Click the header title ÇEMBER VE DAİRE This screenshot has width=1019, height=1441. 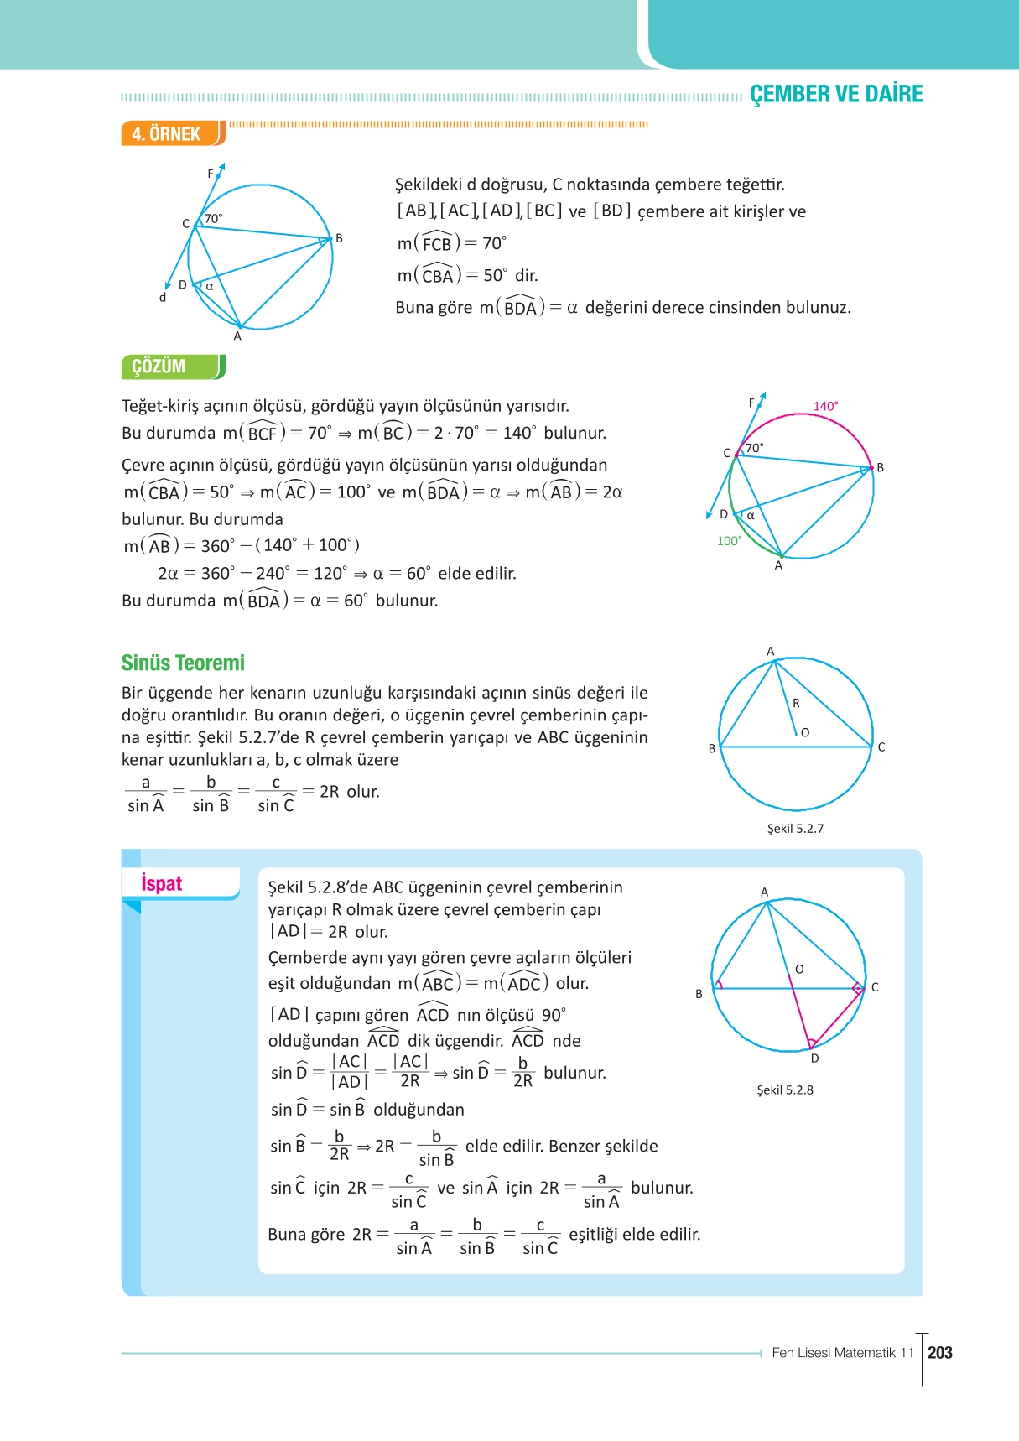pyautogui.click(x=835, y=94)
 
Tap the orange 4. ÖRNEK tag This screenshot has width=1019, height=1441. pyautogui.click(x=167, y=134)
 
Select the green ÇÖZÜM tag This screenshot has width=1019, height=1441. pyautogui.click(x=159, y=367)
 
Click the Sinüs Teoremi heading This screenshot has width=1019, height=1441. pyautogui.click(x=183, y=663)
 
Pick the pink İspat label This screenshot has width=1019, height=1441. pyautogui.click(x=161, y=883)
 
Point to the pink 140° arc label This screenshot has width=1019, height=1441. pyautogui.click(x=825, y=406)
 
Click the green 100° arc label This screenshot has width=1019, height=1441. pyautogui.click(x=729, y=541)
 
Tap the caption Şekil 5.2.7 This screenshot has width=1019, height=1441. pyautogui.click(x=795, y=829)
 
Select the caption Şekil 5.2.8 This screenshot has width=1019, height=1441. pyautogui.click(x=785, y=1090)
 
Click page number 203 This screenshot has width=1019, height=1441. pyautogui.click(x=940, y=1352)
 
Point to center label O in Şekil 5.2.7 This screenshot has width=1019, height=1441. pyautogui.click(x=805, y=732)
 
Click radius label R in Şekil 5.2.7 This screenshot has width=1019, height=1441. pyautogui.click(x=796, y=703)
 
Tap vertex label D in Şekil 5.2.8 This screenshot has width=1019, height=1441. pyautogui.click(x=814, y=1059)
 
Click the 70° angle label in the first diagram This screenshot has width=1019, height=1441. pyautogui.click(x=214, y=219)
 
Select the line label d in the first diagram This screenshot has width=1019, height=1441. pyautogui.click(x=163, y=298)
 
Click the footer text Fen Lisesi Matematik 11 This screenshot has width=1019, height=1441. pyautogui.click(x=842, y=1352)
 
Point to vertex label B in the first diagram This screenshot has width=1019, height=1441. pyautogui.click(x=339, y=238)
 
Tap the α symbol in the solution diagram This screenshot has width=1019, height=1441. pyautogui.click(x=751, y=516)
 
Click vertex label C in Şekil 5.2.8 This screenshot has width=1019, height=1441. pyautogui.click(x=875, y=987)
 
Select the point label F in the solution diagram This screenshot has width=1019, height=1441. pyautogui.click(x=751, y=403)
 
